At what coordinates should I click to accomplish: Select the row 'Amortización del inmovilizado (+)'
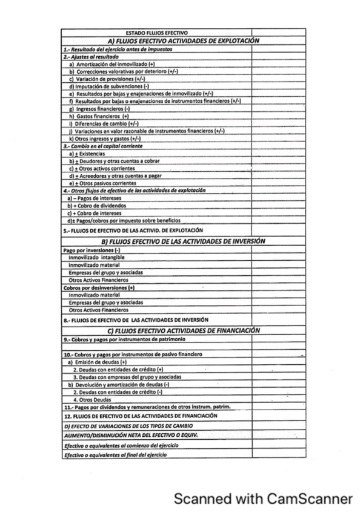(x=112, y=64)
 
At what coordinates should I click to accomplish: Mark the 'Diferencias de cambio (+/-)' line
(x=105, y=123)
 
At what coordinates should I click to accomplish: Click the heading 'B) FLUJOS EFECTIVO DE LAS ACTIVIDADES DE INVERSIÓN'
(x=184, y=241)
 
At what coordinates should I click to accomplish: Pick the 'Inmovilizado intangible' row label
(x=96, y=258)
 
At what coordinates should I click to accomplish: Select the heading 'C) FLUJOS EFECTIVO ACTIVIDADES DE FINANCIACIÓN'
(x=184, y=330)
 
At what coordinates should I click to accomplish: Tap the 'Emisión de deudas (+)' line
(x=97, y=361)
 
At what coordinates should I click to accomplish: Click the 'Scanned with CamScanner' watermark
(x=263, y=498)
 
